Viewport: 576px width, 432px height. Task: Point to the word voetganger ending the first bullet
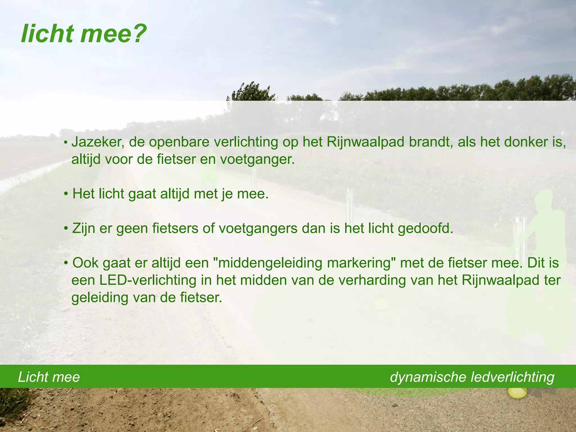[257, 160]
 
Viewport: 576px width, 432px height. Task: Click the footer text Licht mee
[49, 377]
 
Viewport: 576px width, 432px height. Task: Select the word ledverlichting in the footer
[512, 377]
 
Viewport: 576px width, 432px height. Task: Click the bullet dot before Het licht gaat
[66, 194]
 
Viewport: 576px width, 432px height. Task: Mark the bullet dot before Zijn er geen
[66, 229]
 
